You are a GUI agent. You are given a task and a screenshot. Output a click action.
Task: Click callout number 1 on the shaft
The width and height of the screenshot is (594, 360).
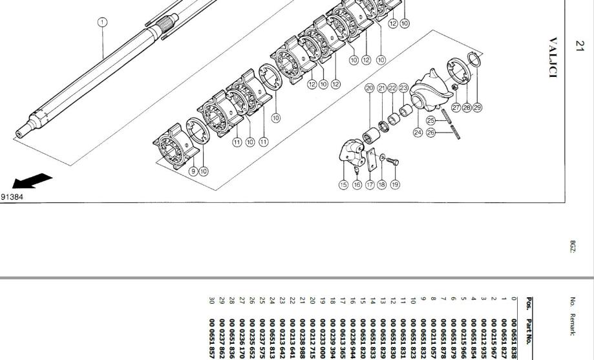(x=102, y=22)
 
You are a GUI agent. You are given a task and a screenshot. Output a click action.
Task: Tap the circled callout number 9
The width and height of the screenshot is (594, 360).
(x=193, y=171)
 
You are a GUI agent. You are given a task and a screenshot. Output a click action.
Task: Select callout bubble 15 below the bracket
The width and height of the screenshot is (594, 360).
(x=343, y=185)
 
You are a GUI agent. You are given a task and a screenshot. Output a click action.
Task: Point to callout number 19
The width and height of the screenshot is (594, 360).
(x=394, y=185)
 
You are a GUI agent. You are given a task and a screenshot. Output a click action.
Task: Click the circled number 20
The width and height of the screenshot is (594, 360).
(x=370, y=88)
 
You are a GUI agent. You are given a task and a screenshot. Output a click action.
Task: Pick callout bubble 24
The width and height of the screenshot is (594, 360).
(x=418, y=132)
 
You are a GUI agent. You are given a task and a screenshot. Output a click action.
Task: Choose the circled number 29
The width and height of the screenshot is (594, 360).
(x=478, y=107)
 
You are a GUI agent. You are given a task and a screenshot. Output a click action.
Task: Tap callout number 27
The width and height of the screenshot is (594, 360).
(x=456, y=107)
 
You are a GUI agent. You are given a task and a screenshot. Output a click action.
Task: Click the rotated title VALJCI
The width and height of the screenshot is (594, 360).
(x=552, y=57)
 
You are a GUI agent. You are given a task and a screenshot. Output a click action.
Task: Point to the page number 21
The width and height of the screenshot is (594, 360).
(x=579, y=46)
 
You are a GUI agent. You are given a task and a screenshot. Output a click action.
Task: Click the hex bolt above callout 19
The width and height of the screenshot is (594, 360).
(x=394, y=161)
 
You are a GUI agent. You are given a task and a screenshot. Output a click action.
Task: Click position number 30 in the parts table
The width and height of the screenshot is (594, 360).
(x=210, y=303)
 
